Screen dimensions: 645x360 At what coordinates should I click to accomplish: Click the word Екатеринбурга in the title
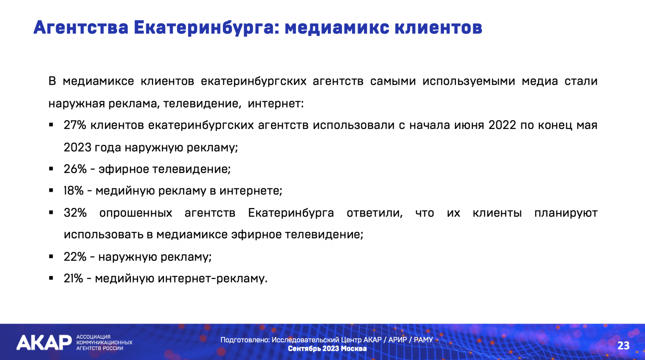(x=206, y=28)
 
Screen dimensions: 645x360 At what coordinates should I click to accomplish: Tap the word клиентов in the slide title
(x=438, y=28)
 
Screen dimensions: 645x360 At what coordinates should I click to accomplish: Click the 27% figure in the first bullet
(x=75, y=125)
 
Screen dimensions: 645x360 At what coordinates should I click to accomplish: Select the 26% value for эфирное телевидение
(x=75, y=169)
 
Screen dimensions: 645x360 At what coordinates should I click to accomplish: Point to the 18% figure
(x=73, y=191)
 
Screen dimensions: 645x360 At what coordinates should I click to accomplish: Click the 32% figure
(x=75, y=213)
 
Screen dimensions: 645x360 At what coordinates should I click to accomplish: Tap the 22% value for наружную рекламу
(x=75, y=257)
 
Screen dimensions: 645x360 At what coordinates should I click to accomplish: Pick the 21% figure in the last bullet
(x=73, y=279)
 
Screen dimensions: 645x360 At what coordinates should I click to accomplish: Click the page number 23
(x=623, y=345)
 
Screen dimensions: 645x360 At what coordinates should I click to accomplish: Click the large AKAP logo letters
(x=44, y=342)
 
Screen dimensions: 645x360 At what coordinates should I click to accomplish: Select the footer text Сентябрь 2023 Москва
(x=327, y=349)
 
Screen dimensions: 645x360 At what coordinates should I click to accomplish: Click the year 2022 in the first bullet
(x=502, y=125)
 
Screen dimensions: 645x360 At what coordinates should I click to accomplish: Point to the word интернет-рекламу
(x=213, y=279)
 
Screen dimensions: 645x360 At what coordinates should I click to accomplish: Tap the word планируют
(x=566, y=213)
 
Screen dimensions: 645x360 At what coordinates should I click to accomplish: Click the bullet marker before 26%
(x=51, y=169)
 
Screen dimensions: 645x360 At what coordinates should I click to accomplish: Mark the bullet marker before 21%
(x=51, y=279)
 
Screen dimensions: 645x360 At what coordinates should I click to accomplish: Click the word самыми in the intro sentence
(x=393, y=81)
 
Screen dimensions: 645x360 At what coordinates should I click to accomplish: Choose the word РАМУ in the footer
(x=423, y=340)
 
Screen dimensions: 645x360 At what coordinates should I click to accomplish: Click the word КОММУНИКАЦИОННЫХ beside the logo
(x=104, y=342)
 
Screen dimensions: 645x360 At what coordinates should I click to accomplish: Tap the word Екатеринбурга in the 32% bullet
(x=291, y=213)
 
